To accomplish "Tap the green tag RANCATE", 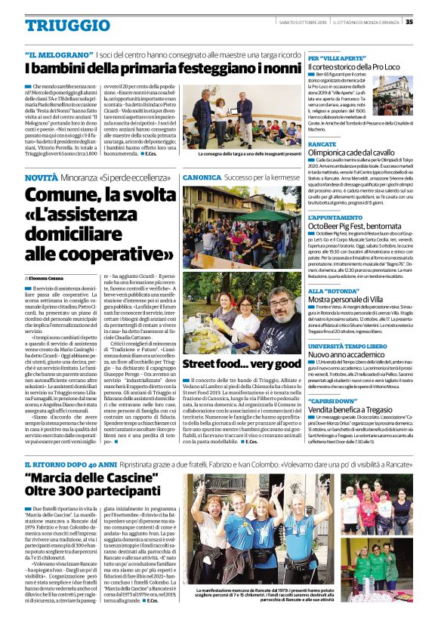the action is coord(322,143).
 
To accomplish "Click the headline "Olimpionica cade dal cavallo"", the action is coord(351,153).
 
